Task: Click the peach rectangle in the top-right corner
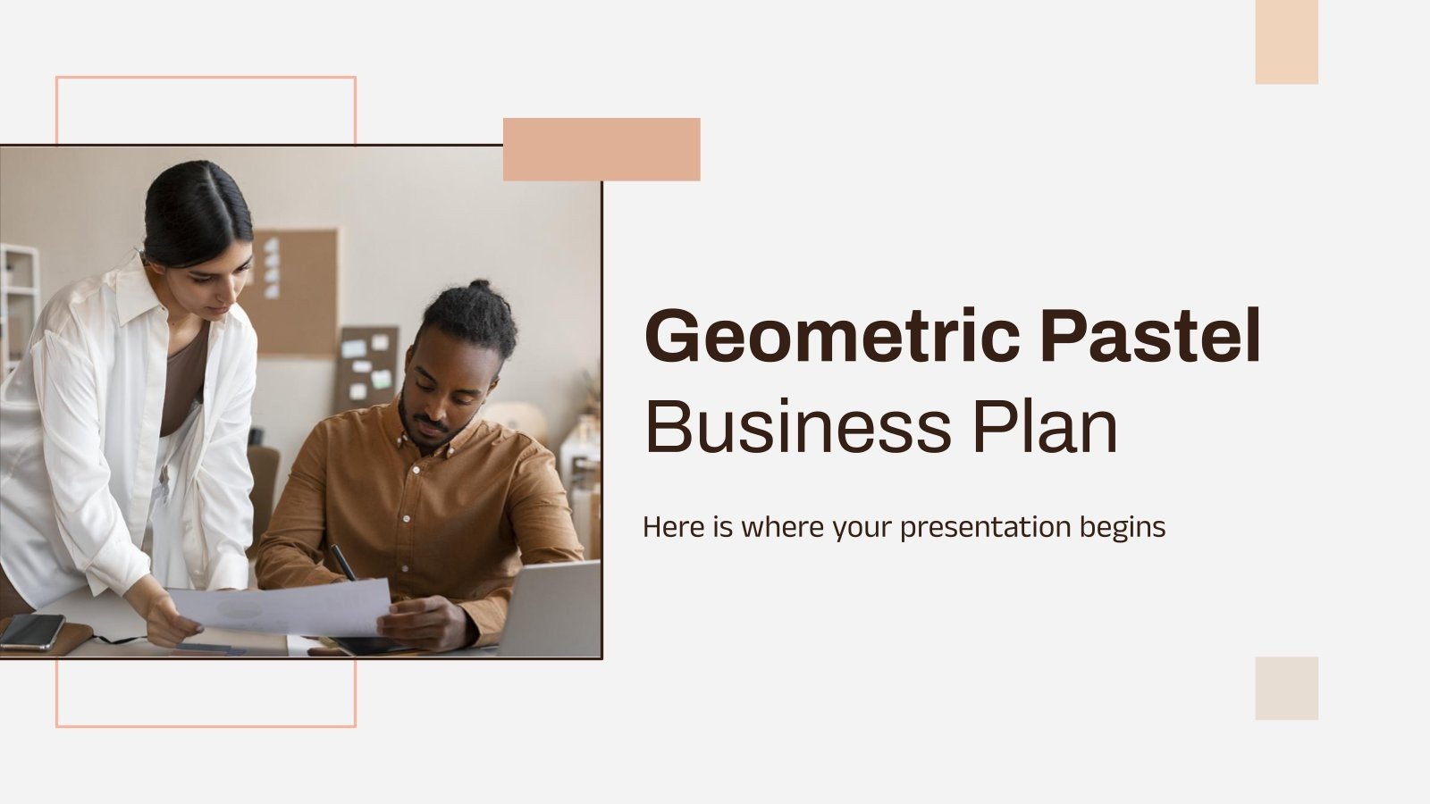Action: coord(1286,42)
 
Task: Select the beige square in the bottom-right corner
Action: coord(1286,688)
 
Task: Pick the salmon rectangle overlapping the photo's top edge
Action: coord(601,149)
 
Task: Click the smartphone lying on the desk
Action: coord(32,631)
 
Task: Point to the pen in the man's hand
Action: coord(342,562)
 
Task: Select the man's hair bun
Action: coord(479,290)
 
